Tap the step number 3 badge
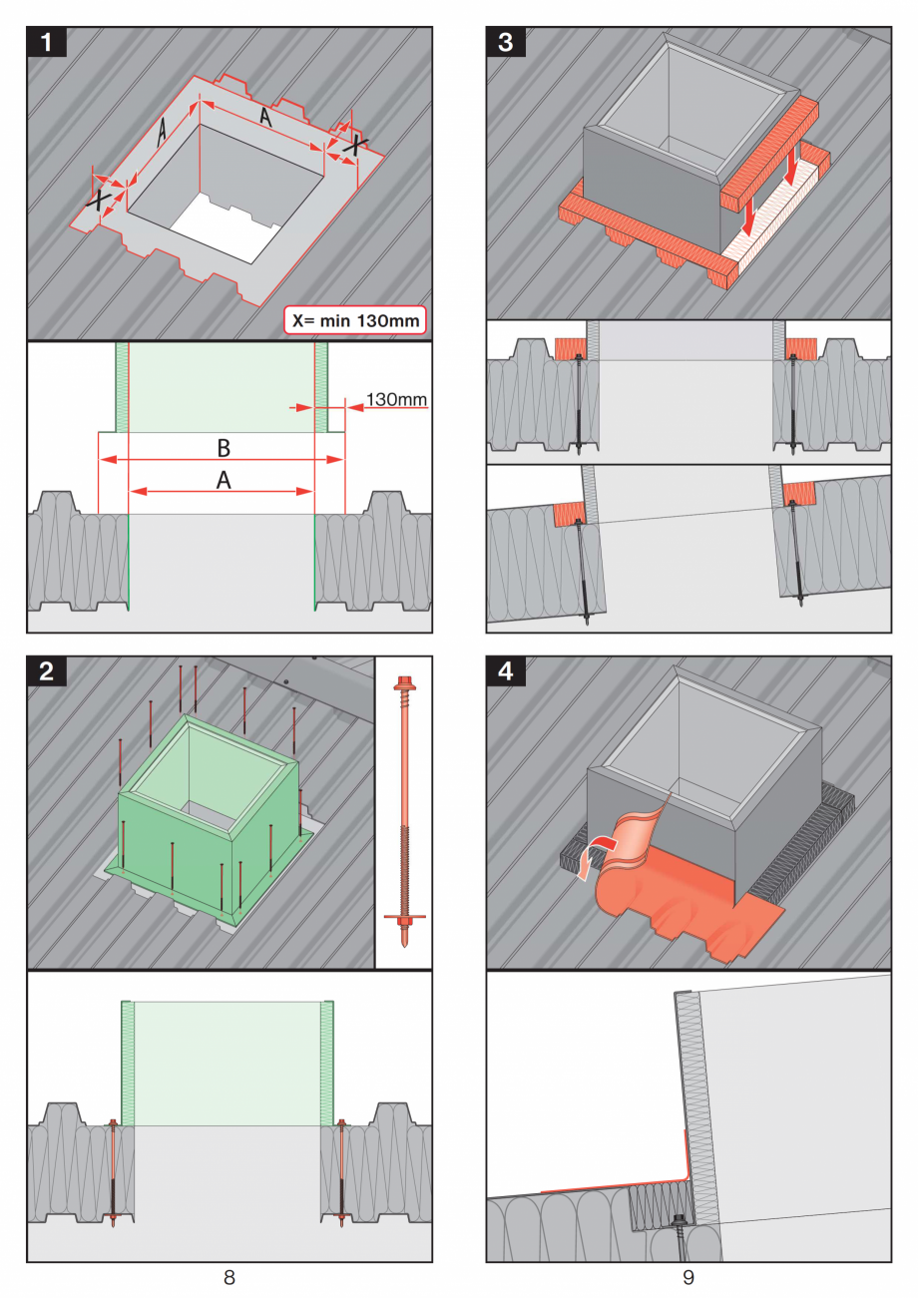[x=506, y=43]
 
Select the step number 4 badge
[x=506, y=671]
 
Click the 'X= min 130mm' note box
[x=355, y=319]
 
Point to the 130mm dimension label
[x=396, y=400]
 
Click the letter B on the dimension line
[x=224, y=445]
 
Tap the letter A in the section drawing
[x=224, y=480]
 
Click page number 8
[x=229, y=1276]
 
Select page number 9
[x=688, y=1276]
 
